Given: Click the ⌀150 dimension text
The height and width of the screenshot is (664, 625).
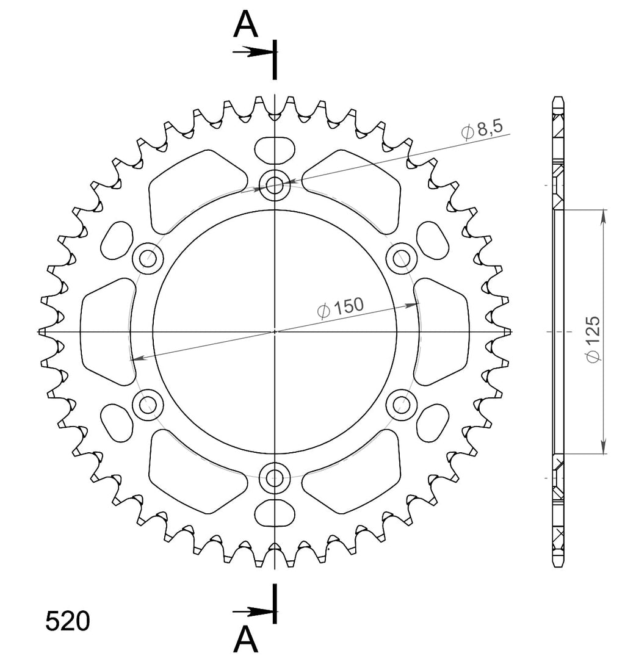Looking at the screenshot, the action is (341, 307).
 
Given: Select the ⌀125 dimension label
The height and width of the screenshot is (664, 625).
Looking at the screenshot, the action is (593, 339).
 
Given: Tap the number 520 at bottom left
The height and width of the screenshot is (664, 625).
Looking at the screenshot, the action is (68, 622).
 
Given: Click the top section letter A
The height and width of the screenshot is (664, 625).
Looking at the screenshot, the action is (245, 24).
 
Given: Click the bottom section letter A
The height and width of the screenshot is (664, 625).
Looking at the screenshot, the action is (245, 640).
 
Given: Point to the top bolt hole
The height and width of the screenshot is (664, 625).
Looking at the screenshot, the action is (275, 185).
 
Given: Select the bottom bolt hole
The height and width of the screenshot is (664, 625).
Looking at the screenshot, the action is (275, 478).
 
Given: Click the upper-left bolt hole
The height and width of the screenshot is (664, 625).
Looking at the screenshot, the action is (148, 258).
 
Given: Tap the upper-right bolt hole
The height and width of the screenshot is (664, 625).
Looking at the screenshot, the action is (402, 258).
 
